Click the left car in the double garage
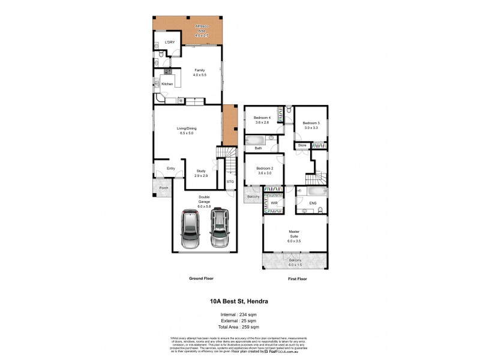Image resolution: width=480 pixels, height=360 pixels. pos(191,230)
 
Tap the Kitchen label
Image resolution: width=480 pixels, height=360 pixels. pos(167,84)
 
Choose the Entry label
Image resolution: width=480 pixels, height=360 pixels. pos(171,169)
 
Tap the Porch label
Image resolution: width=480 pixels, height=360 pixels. pos(163,188)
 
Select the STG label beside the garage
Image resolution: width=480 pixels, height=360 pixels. pos(230,181)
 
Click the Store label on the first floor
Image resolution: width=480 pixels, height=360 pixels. pos(302,145)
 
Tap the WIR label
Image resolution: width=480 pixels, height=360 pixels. pos(274,204)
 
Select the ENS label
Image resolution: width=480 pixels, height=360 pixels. pos(312,204)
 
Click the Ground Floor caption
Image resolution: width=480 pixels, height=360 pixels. pos(201,279)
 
